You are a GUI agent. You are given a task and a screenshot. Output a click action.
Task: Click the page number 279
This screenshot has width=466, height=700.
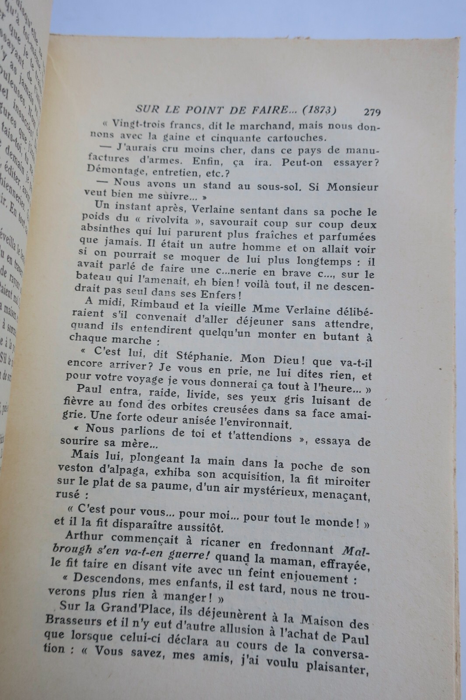[x=372, y=112]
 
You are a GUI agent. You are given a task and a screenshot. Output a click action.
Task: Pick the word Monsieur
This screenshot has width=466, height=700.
[x=348, y=187]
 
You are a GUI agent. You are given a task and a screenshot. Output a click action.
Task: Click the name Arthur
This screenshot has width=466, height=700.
[x=84, y=536]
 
